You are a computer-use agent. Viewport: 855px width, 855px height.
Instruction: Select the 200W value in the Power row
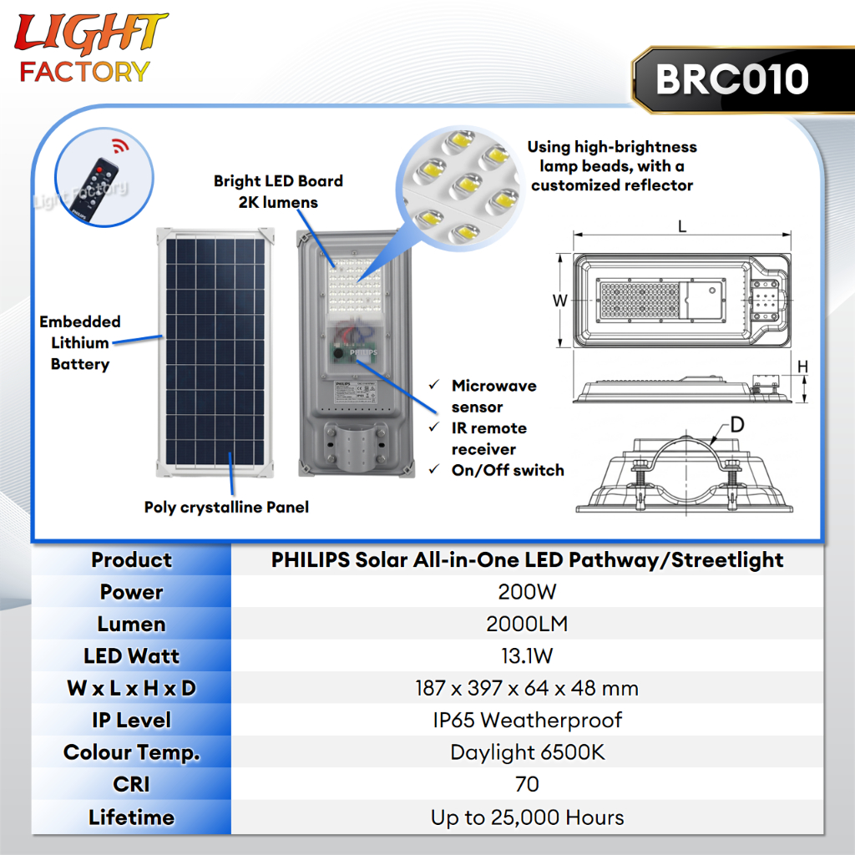click(527, 592)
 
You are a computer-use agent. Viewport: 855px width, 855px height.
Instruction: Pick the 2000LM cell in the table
click(527, 624)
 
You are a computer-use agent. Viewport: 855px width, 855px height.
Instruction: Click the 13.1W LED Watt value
click(527, 656)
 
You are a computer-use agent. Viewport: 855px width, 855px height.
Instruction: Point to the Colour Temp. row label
click(131, 752)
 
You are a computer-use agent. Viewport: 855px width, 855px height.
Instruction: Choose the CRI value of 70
click(527, 784)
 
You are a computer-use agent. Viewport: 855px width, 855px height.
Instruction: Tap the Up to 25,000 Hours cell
click(527, 817)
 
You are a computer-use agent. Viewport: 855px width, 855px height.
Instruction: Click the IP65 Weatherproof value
click(527, 721)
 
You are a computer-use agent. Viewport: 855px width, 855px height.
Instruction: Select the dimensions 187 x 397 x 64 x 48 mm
click(527, 688)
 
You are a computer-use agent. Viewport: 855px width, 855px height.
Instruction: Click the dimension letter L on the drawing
click(682, 226)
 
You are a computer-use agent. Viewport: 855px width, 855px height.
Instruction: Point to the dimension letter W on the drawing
click(560, 301)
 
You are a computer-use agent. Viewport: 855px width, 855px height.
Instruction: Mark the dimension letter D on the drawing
click(736, 424)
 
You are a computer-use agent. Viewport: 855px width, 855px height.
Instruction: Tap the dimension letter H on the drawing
click(802, 367)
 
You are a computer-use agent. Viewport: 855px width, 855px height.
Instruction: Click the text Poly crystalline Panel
click(226, 507)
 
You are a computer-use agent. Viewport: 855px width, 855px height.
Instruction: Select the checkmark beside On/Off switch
click(434, 469)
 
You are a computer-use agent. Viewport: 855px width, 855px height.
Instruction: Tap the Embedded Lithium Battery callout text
click(80, 342)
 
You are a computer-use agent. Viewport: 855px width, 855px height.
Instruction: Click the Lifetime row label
click(131, 817)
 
